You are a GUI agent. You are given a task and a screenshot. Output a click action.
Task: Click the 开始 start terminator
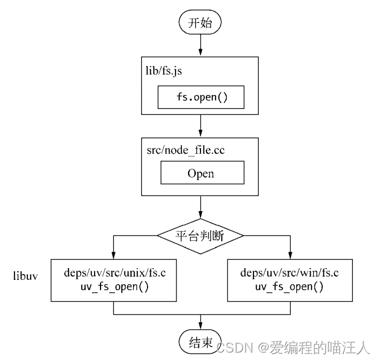200,22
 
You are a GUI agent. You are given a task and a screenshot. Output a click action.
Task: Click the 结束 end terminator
200,341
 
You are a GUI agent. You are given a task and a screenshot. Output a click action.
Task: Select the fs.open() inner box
201,97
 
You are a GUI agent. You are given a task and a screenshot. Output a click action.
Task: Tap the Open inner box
202,173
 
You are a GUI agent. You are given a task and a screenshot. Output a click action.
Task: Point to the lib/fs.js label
164,71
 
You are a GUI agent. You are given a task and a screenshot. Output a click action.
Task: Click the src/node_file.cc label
186,150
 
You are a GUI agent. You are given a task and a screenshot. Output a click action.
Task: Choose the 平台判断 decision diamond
200,236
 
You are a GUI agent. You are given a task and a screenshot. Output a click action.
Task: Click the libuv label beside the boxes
25,276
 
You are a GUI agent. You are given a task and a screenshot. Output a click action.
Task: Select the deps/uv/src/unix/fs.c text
115,273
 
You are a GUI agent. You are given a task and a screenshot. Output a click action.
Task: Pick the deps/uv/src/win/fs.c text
289,273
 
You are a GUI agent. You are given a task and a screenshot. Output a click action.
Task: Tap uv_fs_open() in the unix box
115,286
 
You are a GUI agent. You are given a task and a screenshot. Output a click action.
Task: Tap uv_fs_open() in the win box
289,286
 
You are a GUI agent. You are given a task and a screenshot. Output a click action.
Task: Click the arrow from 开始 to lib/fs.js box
200,45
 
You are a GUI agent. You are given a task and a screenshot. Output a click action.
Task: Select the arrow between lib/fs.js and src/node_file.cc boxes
200,126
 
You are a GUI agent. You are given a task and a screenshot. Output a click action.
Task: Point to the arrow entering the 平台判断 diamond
200,207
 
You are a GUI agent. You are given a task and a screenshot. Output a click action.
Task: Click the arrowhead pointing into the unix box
113,255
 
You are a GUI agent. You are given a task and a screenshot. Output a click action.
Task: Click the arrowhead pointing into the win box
290,255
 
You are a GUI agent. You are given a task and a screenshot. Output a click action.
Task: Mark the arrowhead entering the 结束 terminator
200,326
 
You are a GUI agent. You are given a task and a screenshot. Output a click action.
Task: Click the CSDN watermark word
235,348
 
